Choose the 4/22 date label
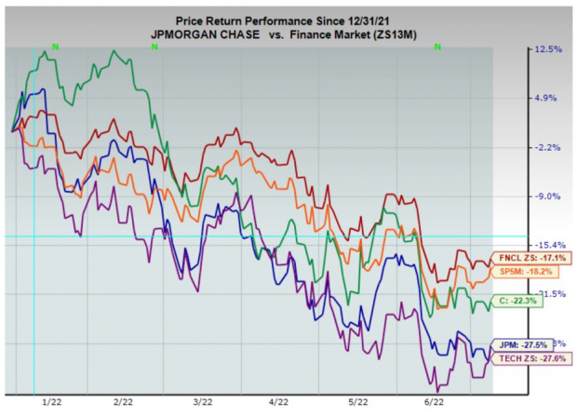tap(277, 402)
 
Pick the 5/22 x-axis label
tap(356, 402)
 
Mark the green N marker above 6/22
tap(436, 47)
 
